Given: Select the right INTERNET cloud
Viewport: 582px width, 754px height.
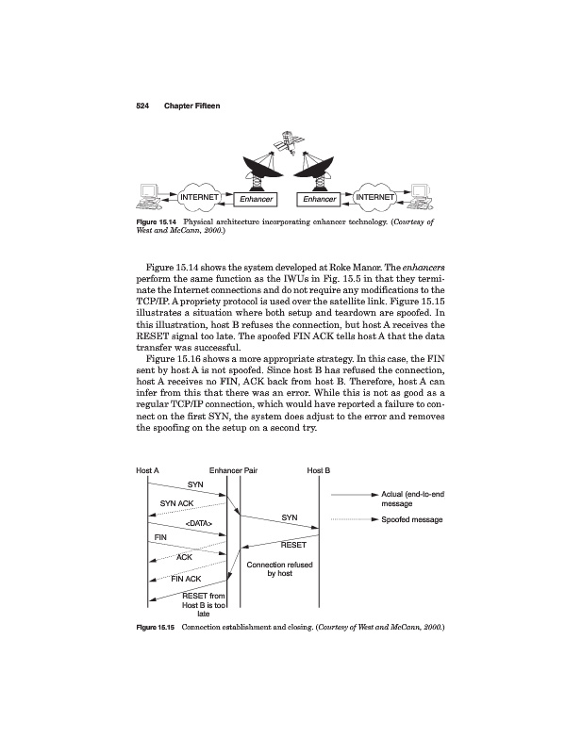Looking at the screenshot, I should coord(376,197).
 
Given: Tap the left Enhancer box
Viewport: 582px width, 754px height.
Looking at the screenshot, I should coord(256,200).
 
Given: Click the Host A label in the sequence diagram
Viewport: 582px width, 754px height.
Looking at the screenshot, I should coord(147,469).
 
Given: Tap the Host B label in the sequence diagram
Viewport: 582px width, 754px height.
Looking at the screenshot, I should coord(319,469).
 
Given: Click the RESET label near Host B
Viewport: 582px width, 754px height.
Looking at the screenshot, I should coord(294,544).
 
